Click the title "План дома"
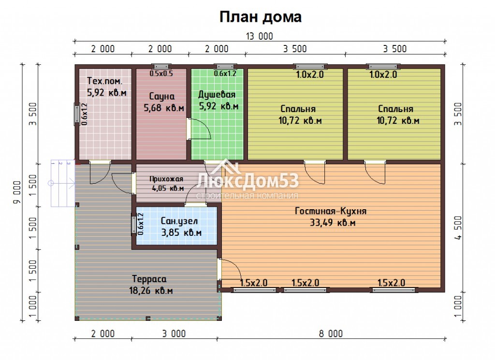pyautogui.click(x=261, y=17)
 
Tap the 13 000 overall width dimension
pyautogui.click(x=259, y=36)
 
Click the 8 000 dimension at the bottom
pyautogui.click(x=331, y=333)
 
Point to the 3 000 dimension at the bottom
pyautogui.click(x=174, y=333)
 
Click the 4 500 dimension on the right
pyautogui.click(x=458, y=228)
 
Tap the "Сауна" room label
pyautogui.click(x=161, y=96)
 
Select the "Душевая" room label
pyautogui.click(x=217, y=95)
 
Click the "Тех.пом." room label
pyautogui.click(x=104, y=81)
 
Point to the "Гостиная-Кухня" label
pyautogui.click(x=331, y=211)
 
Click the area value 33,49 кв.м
pyautogui.click(x=333, y=223)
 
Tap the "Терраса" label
pyautogui.click(x=149, y=279)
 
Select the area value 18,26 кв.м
pyautogui.click(x=151, y=290)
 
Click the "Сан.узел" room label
pyautogui.click(x=179, y=221)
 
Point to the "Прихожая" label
pyautogui.click(x=166, y=179)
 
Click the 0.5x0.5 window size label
pyautogui.click(x=161, y=73)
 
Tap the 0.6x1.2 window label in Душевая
pyautogui.click(x=225, y=73)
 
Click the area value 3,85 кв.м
pyautogui.click(x=181, y=233)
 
